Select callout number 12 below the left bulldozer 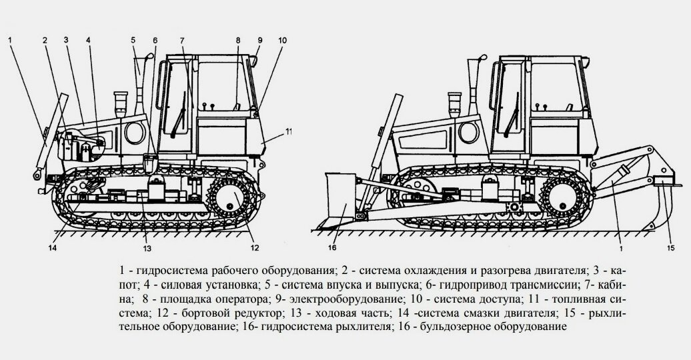point(253,249)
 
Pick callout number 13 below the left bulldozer point(147,249)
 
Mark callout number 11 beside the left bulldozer point(289,131)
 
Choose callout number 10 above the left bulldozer point(282,40)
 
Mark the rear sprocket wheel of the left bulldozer point(228,197)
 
